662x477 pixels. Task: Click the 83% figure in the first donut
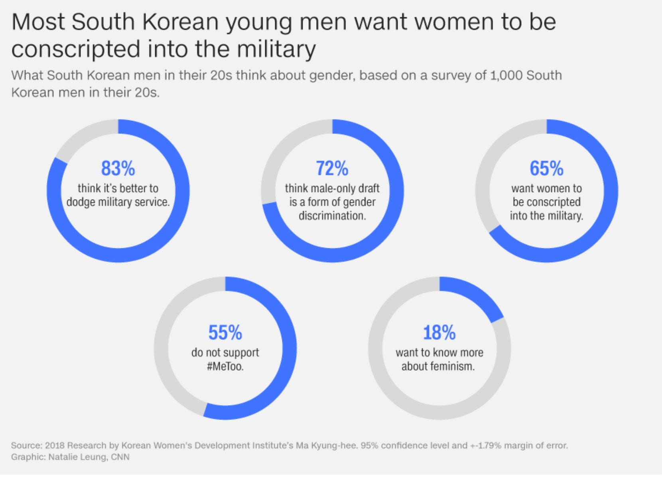click(x=118, y=168)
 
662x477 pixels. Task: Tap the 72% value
click(x=332, y=168)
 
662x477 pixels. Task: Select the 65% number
click(x=546, y=168)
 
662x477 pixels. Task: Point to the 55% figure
click(x=225, y=332)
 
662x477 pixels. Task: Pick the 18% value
click(x=439, y=332)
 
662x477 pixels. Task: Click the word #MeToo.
click(x=225, y=366)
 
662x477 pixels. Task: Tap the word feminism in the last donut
click(x=452, y=366)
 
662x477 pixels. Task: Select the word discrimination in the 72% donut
click(x=332, y=216)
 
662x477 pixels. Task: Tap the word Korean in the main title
click(x=180, y=22)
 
